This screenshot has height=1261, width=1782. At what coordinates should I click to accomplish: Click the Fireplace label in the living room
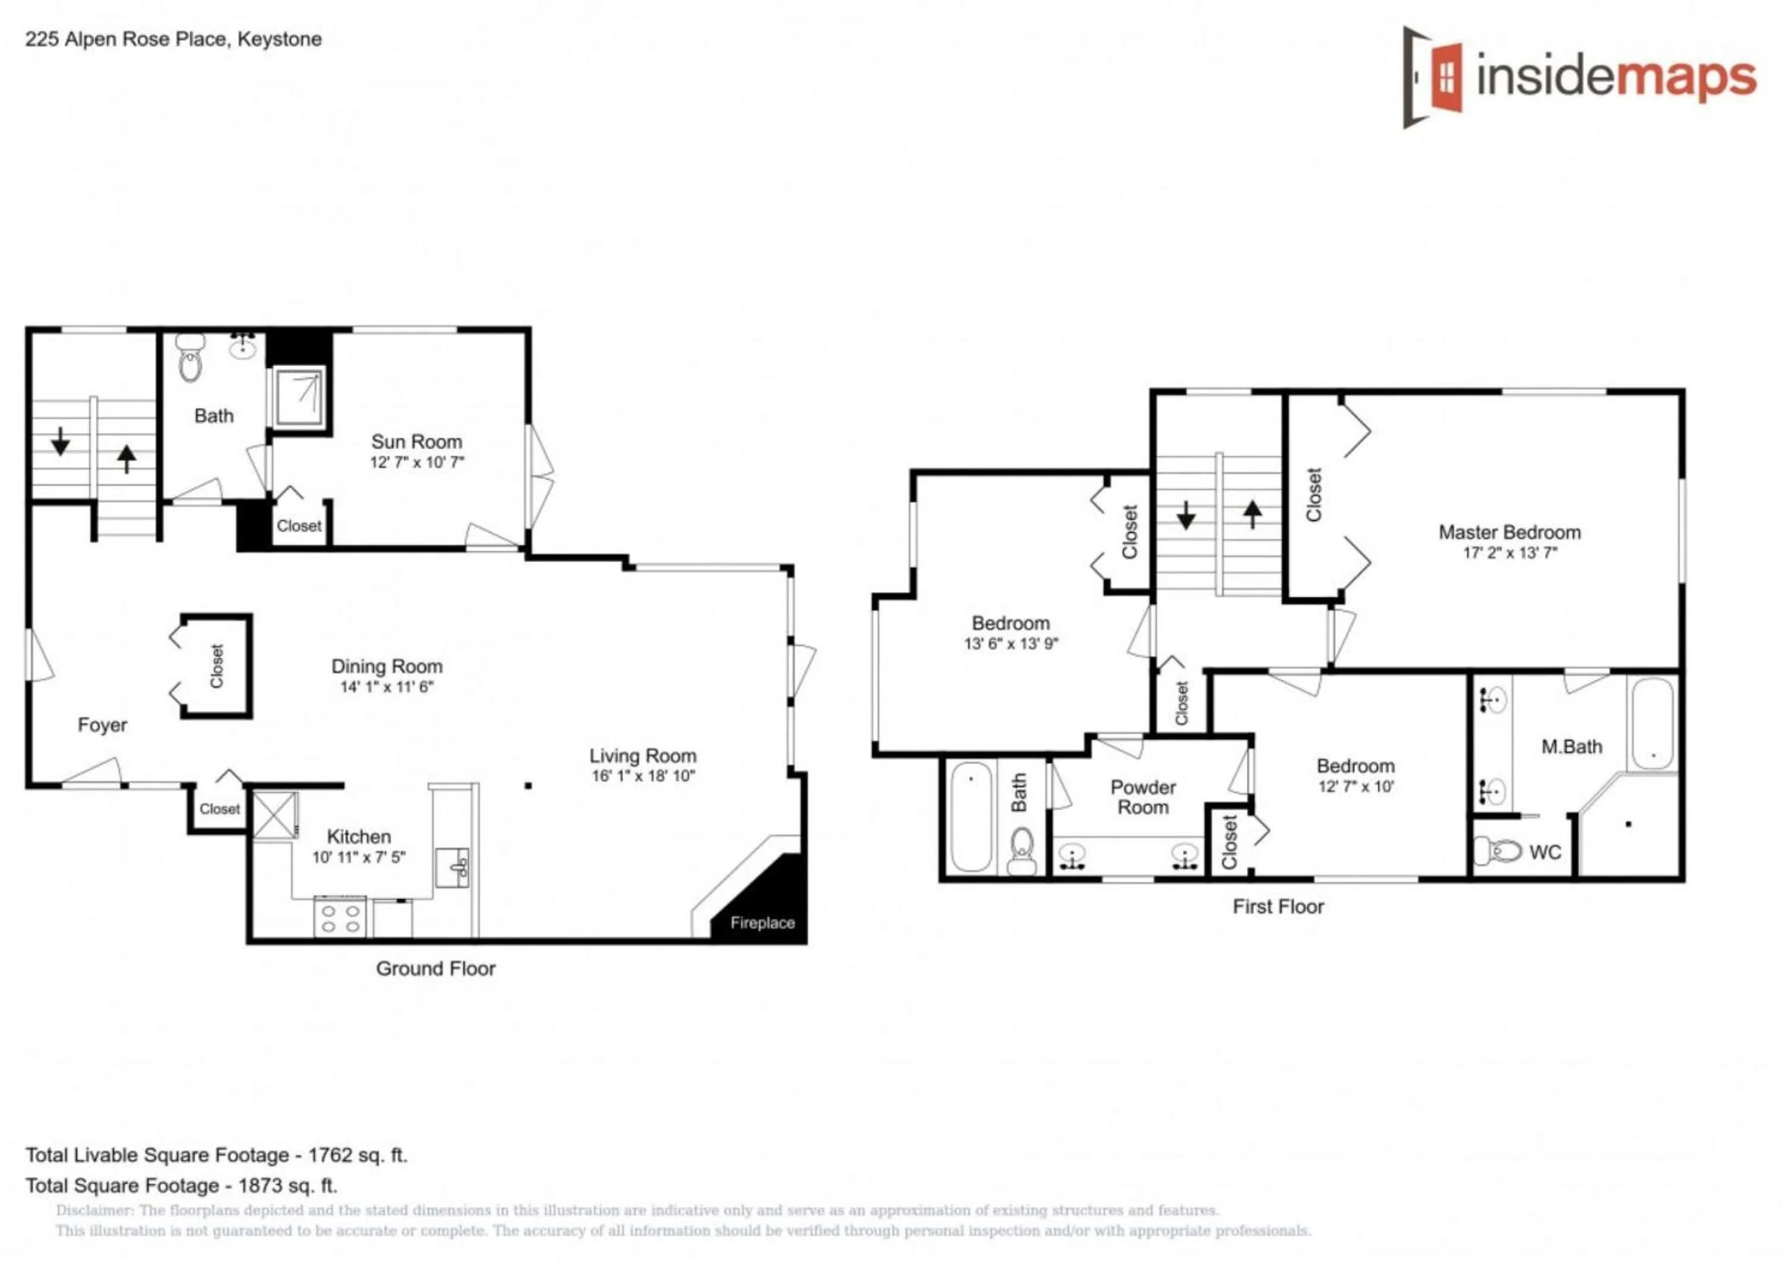click(x=762, y=923)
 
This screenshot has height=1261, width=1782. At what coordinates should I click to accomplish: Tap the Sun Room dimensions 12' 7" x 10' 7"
click(x=416, y=462)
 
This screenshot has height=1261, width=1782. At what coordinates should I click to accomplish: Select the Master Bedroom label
click(x=1509, y=532)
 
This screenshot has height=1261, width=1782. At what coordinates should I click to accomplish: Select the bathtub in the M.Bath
click(x=1651, y=723)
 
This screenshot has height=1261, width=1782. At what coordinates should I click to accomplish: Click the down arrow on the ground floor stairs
click(x=61, y=441)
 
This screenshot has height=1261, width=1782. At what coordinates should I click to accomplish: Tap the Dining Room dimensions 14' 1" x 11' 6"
click(x=386, y=687)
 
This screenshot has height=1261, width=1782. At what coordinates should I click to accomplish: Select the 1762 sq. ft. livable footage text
click(x=358, y=1155)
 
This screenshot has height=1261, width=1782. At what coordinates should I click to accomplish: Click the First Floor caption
click(x=1278, y=906)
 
